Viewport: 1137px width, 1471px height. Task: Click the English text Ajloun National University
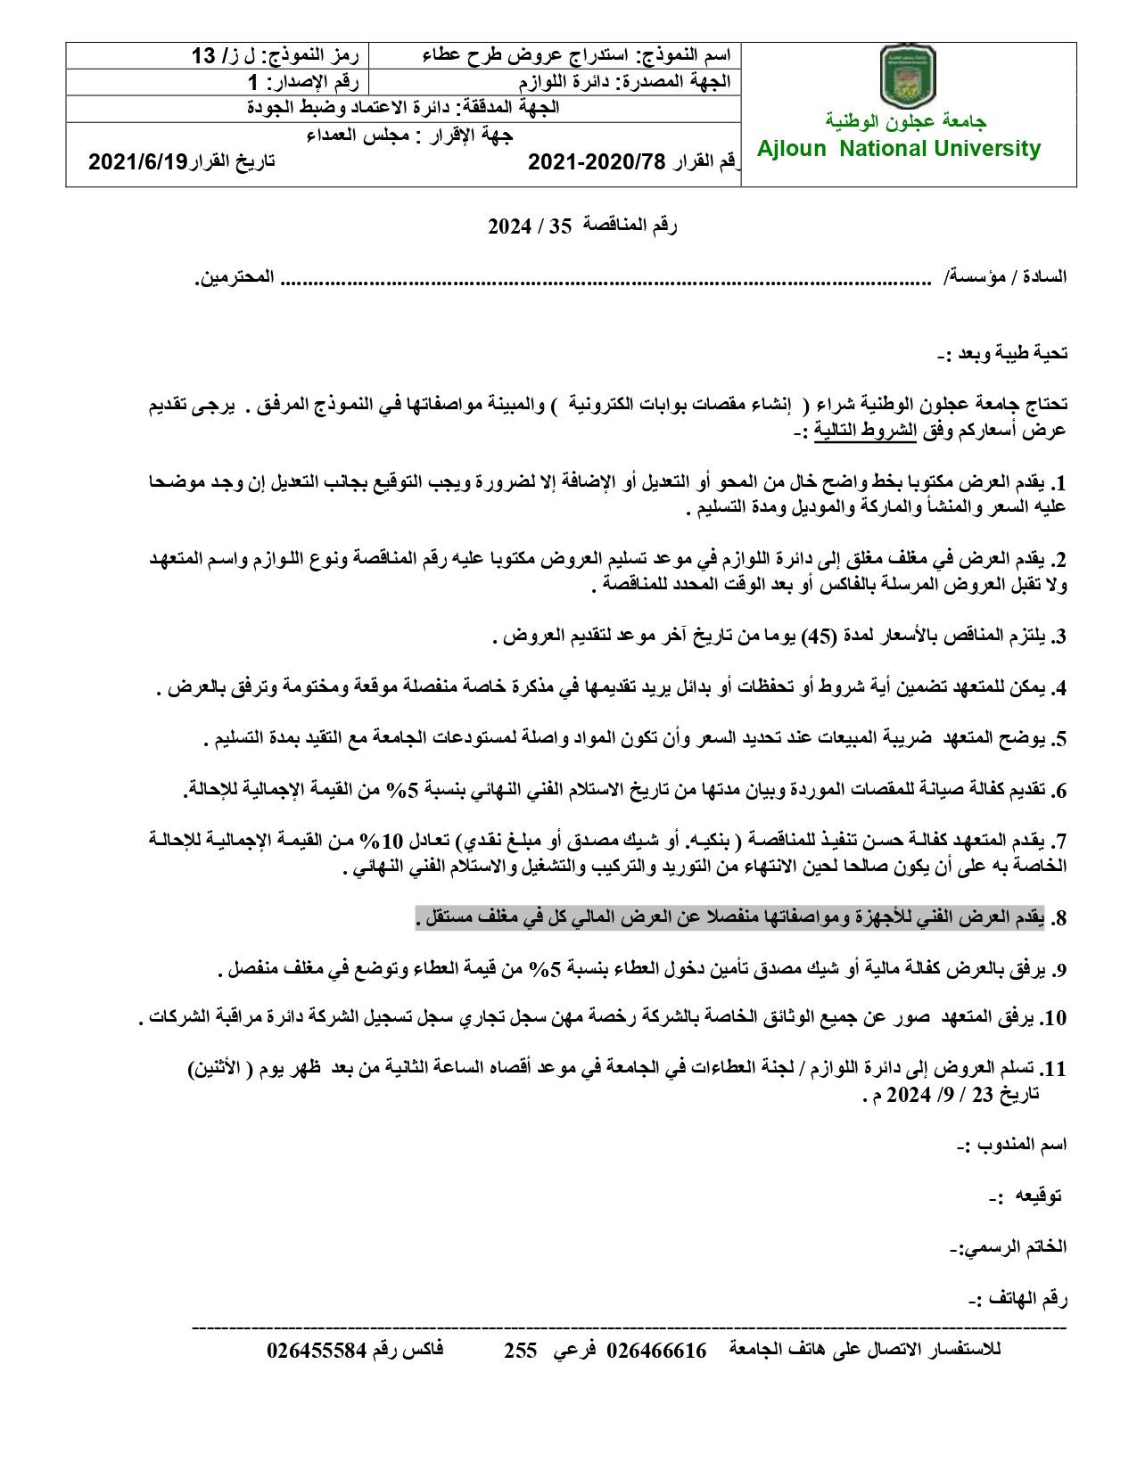(x=899, y=149)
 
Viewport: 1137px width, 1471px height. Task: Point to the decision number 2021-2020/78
(x=597, y=161)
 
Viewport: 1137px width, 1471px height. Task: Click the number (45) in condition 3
(x=820, y=637)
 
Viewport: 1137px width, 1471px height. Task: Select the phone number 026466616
(x=656, y=1350)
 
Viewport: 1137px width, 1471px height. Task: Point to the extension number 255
(x=521, y=1350)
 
